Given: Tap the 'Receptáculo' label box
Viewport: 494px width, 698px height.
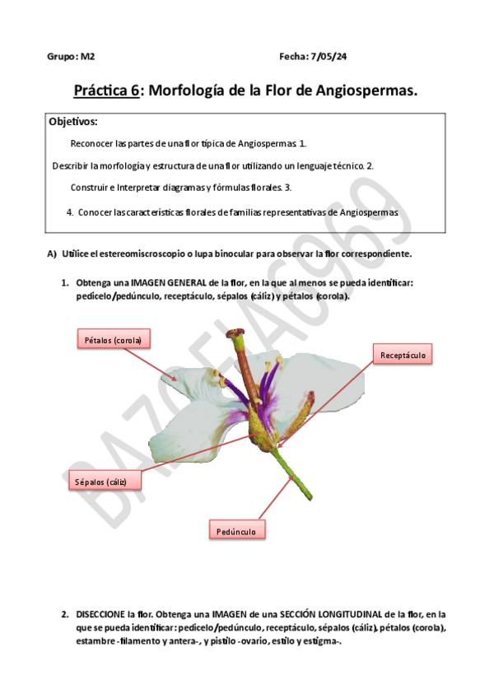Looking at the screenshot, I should click(x=403, y=355).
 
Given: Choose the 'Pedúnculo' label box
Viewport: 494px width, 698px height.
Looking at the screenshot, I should click(x=236, y=531).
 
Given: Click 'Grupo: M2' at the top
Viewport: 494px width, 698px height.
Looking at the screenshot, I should click(x=71, y=57).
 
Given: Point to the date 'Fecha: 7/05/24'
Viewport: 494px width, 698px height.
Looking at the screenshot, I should click(x=313, y=57).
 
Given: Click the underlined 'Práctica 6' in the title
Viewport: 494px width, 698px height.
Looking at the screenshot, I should click(x=106, y=91).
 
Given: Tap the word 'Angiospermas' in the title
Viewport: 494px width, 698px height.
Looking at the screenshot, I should click(x=364, y=91).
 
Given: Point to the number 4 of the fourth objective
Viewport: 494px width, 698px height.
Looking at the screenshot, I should click(x=69, y=212).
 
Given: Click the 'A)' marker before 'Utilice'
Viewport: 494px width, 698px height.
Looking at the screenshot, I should click(x=51, y=254).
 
